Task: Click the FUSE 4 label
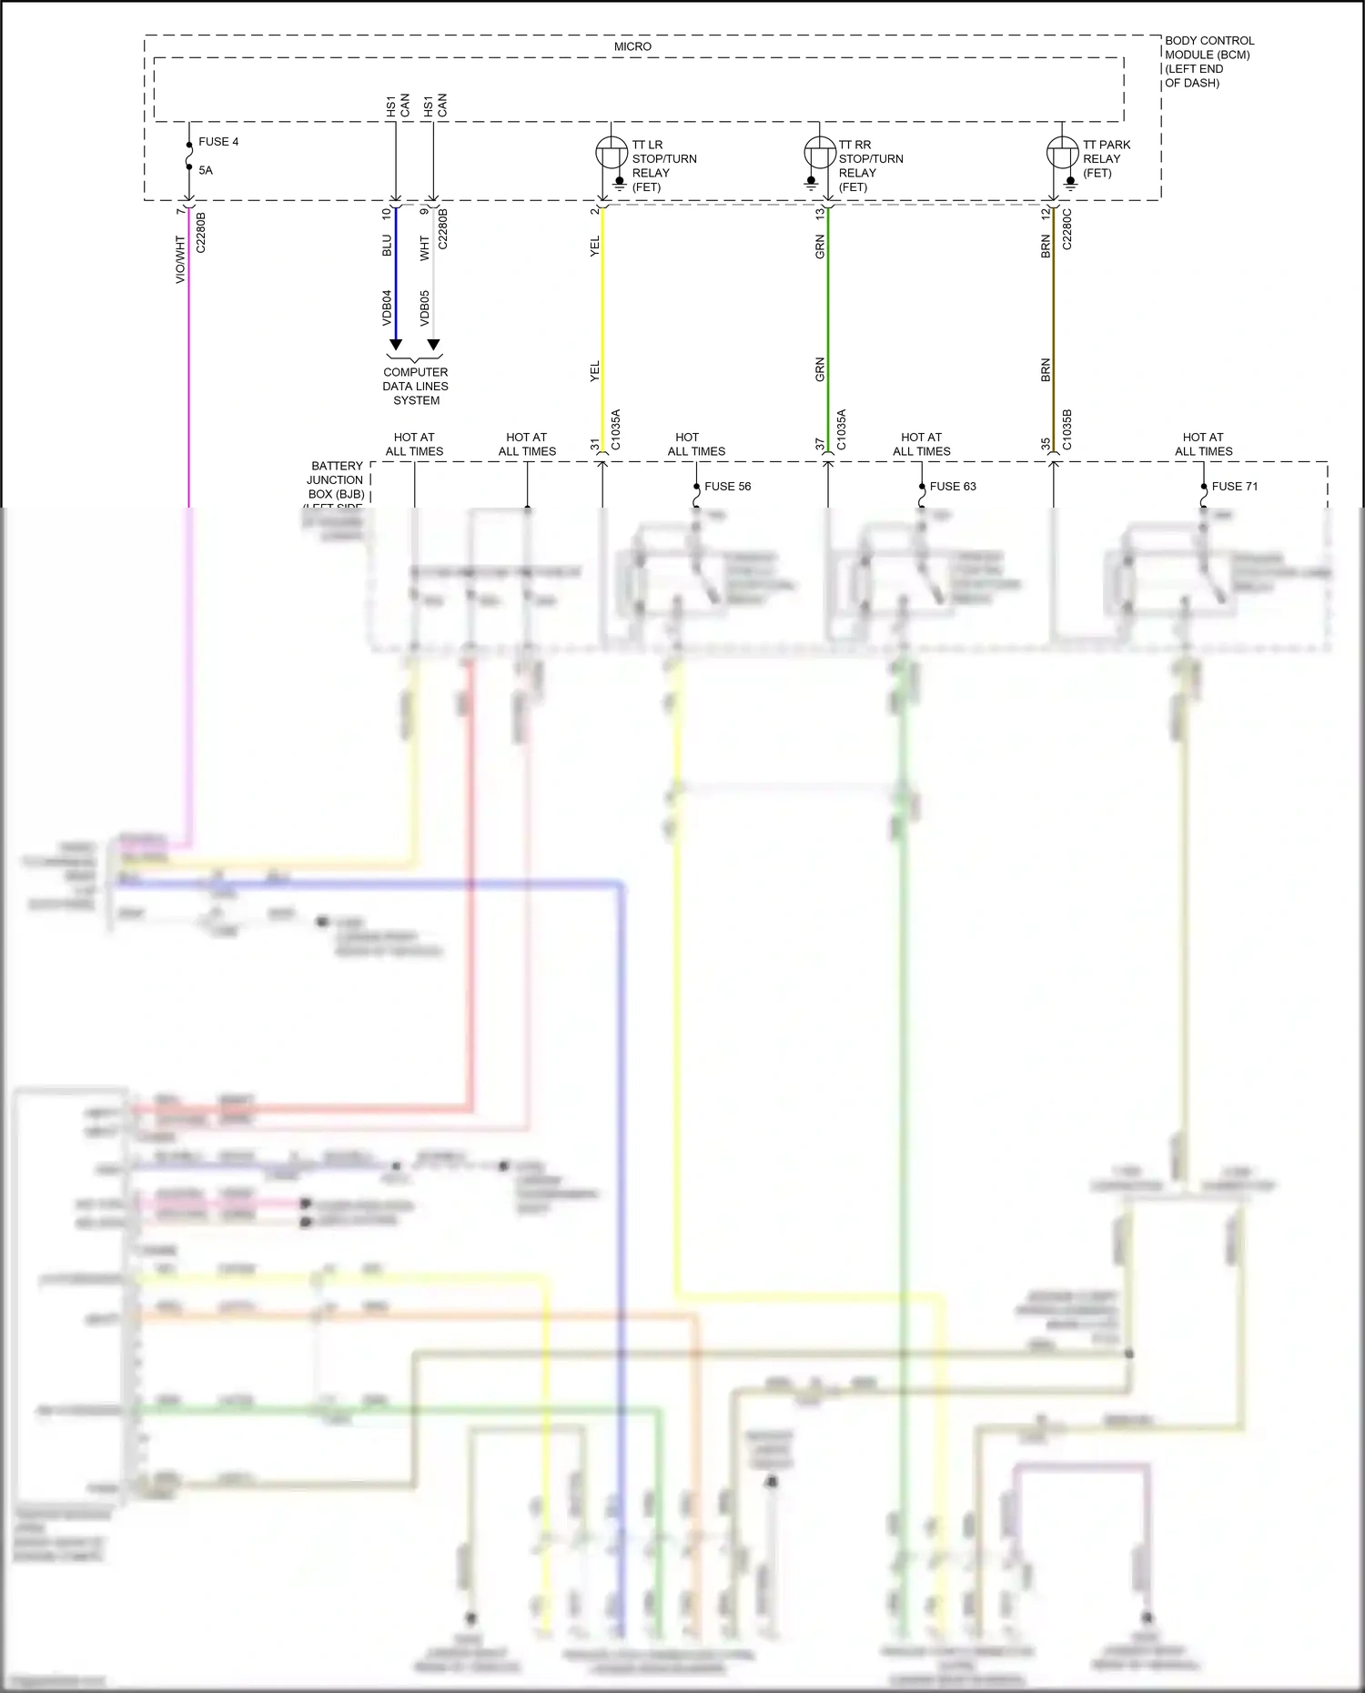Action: pyautogui.click(x=218, y=142)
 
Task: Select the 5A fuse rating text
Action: pyautogui.click(x=206, y=170)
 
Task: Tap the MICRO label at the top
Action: pyautogui.click(x=632, y=46)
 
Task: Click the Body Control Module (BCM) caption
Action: pyautogui.click(x=1208, y=61)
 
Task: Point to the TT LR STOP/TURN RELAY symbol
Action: pyautogui.click(x=611, y=152)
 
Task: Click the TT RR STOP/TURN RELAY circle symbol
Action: pyautogui.click(x=820, y=152)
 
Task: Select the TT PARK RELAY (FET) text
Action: pyautogui.click(x=1106, y=158)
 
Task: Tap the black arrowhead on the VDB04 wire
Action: pyautogui.click(x=396, y=345)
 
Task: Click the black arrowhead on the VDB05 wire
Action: pyautogui.click(x=434, y=345)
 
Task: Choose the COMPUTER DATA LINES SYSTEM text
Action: pyautogui.click(x=416, y=386)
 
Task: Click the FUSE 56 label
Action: pyautogui.click(x=727, y=487)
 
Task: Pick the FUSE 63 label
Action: pyautogui.click(x=953, y=487)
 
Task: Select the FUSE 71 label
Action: pyautogui.click(x=1235, y=487)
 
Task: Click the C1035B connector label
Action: pyautogui.click(x=1067, y=429)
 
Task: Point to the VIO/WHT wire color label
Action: pyautogui.click(x=180, y=259)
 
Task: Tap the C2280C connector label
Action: pyautogui.click(x=1067, y=229)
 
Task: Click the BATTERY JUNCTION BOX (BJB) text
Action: pyautogui.click(x=336, y=480)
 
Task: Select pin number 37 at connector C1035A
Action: pyautogui.click(x=820, y=445)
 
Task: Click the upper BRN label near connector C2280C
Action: pyautogui.click(x=1046, y=247)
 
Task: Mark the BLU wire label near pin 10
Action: pyautogui.click(x=387, y=246)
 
